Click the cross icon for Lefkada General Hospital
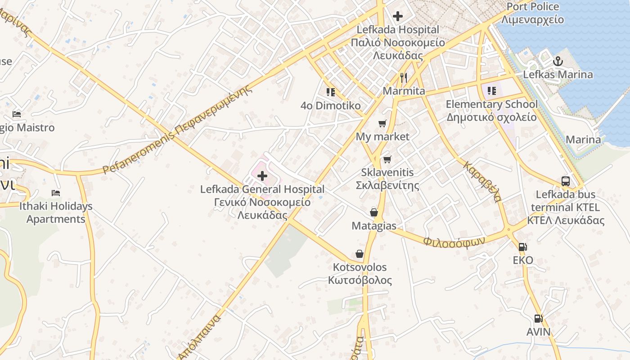tap(262, 175)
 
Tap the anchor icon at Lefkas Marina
tap(558, 61)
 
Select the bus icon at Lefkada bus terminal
tap(566, 181)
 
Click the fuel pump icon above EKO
tap(522, 247)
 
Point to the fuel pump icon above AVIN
tap(538, 319)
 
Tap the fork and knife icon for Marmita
tap(404, 78)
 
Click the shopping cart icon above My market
tap(382, 123)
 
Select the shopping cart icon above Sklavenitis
tap(387, 159)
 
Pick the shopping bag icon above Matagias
tap(374, 212)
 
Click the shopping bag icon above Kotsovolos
tap(360, 254)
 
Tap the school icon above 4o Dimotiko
tap(331, 92)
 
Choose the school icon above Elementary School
tap(491, 91)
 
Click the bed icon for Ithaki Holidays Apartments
tap(56, 193)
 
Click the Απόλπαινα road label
tap(199, 337)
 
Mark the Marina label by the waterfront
tap(583, 139)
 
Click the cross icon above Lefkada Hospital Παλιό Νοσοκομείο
tap(398, 17)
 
